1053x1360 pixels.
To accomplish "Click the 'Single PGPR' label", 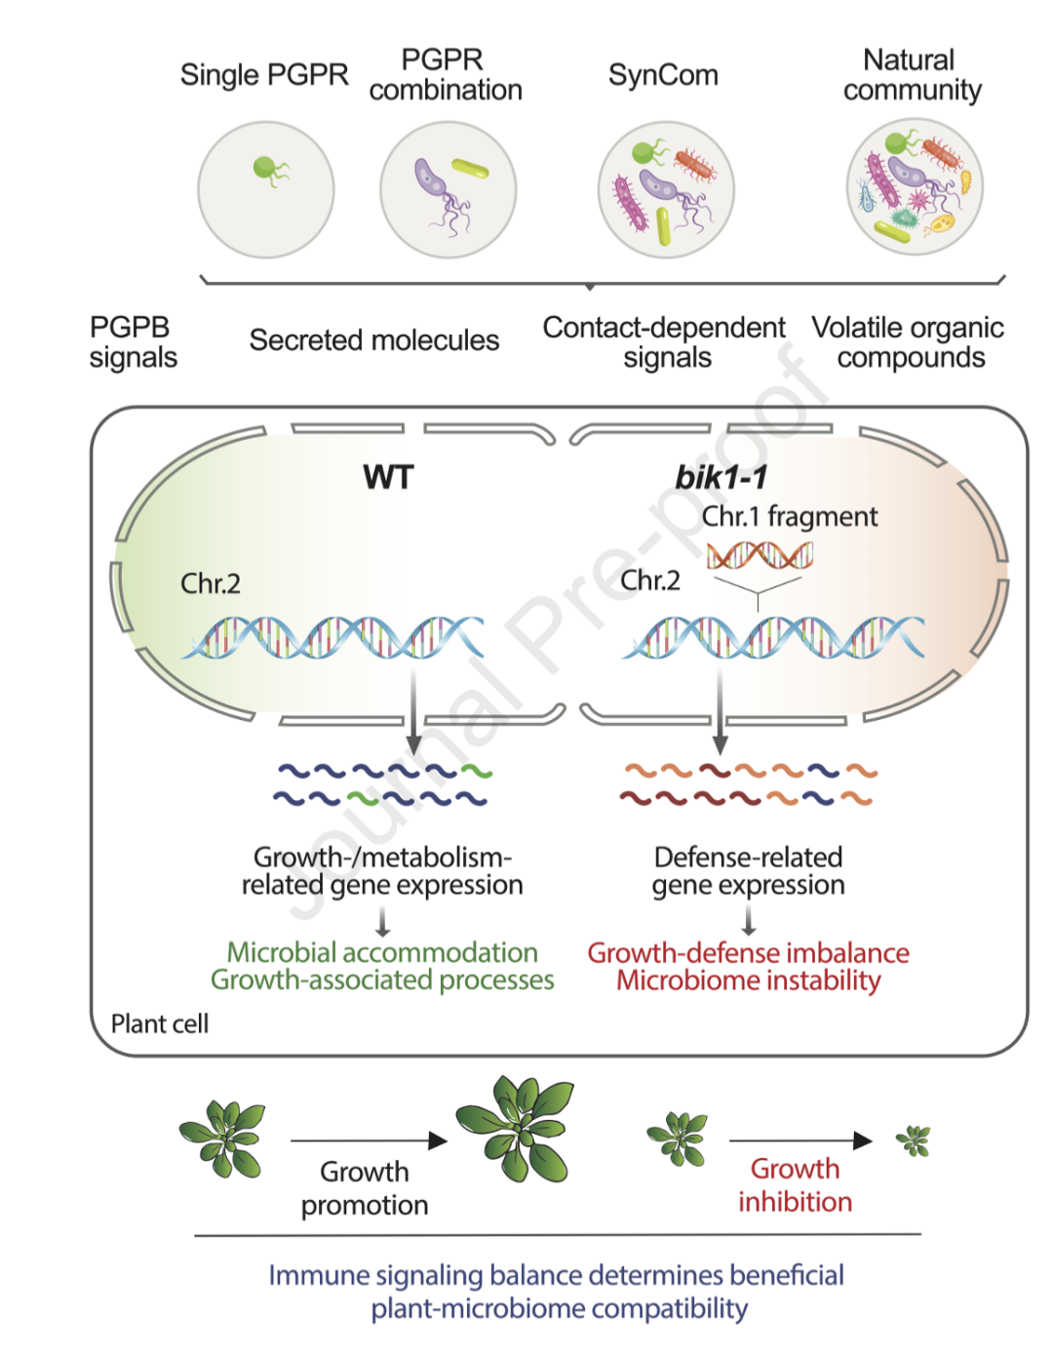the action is pos(264,75).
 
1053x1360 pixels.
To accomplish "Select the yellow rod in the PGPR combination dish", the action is pos(470,169).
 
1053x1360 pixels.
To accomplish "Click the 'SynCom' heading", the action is pos(663,75).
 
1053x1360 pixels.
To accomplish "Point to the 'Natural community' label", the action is pos(912,75).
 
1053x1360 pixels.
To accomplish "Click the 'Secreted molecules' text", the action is pos(374,340).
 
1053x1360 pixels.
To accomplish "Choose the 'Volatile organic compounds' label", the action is pos(908,342).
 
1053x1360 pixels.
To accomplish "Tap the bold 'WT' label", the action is pos(388,477).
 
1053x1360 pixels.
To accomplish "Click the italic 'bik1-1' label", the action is pos(721,478).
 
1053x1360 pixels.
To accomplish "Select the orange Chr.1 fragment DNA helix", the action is pos(760,555).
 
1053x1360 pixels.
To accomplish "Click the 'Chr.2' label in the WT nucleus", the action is pos(210,584).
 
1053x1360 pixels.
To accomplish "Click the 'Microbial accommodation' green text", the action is pos(382,952).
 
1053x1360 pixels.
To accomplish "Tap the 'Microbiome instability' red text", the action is pos(748,980).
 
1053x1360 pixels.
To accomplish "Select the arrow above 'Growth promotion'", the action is pos(369,1140).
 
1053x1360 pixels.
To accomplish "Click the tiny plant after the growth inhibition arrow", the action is pos(914,1140).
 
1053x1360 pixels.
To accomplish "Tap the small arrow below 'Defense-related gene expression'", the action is pos(749,920).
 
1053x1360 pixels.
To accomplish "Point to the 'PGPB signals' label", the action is pos(134,342).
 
